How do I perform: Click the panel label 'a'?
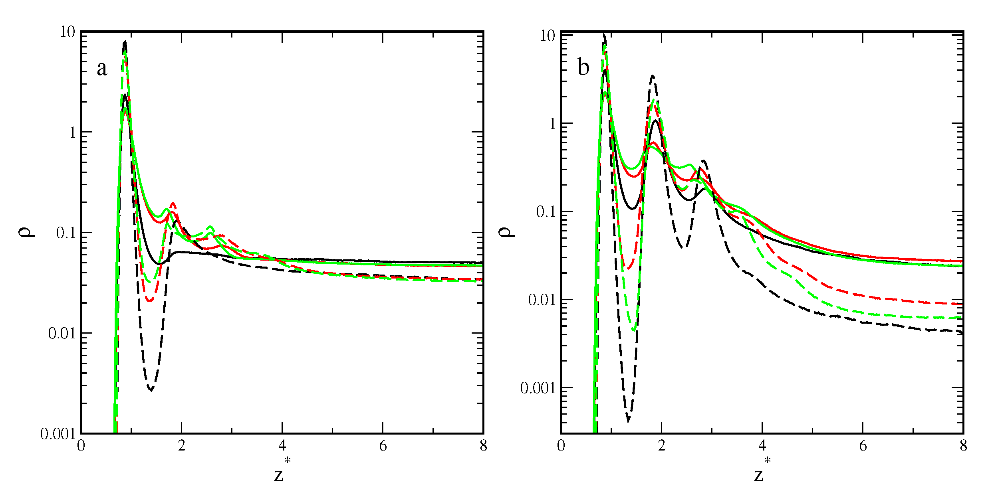[102, 69]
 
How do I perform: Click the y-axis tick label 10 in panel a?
[68, 32]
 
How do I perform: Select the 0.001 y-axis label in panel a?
[58, 434]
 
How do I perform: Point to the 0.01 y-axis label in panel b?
[542, 300]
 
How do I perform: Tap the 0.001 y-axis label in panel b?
[538, 388]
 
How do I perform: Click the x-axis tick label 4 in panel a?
[282, 446]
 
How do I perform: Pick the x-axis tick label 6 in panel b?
[863, 446]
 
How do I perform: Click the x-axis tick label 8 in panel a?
[483, 446]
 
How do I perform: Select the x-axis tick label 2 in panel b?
[662, 446]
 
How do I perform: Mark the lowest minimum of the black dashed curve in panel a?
[151, 390]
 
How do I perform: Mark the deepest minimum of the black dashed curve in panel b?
[629, 420]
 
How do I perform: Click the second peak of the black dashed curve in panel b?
[653, 76]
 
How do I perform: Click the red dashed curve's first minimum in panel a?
[149, 300]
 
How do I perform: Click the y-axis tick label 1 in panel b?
[553, 124]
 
